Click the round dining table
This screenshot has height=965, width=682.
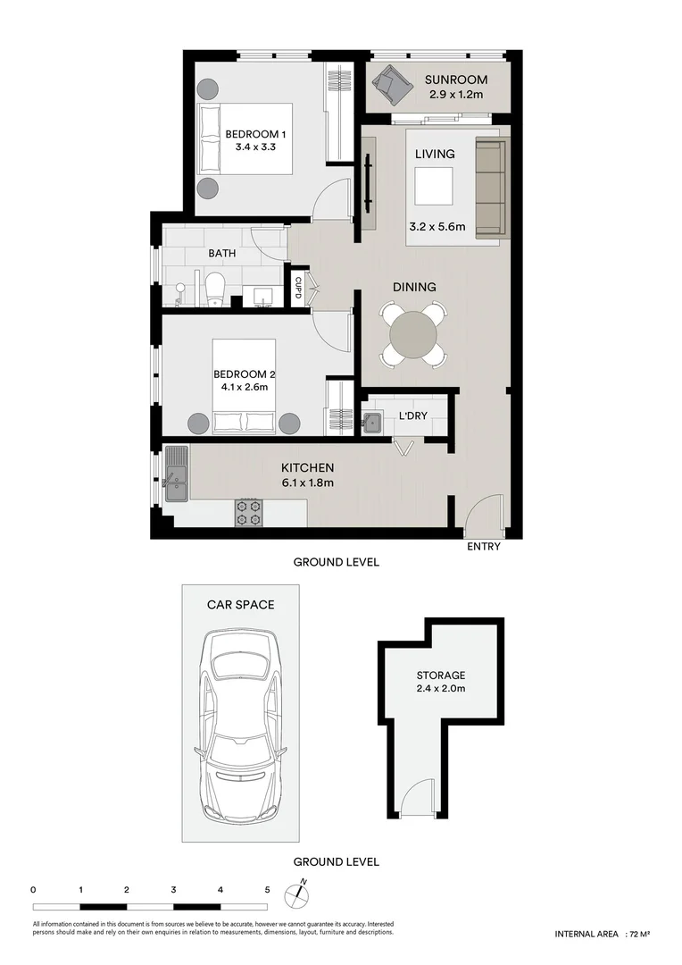414,334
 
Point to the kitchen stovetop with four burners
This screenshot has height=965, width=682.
247,512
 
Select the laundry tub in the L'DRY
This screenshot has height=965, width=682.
372,422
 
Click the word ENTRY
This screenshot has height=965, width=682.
483,547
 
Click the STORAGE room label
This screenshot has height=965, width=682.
440,675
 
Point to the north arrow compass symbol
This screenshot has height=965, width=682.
296,894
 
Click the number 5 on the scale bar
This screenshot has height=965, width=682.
267,890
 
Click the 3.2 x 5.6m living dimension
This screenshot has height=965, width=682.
437,227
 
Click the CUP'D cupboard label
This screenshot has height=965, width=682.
298,287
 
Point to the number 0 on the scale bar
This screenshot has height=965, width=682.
33,890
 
